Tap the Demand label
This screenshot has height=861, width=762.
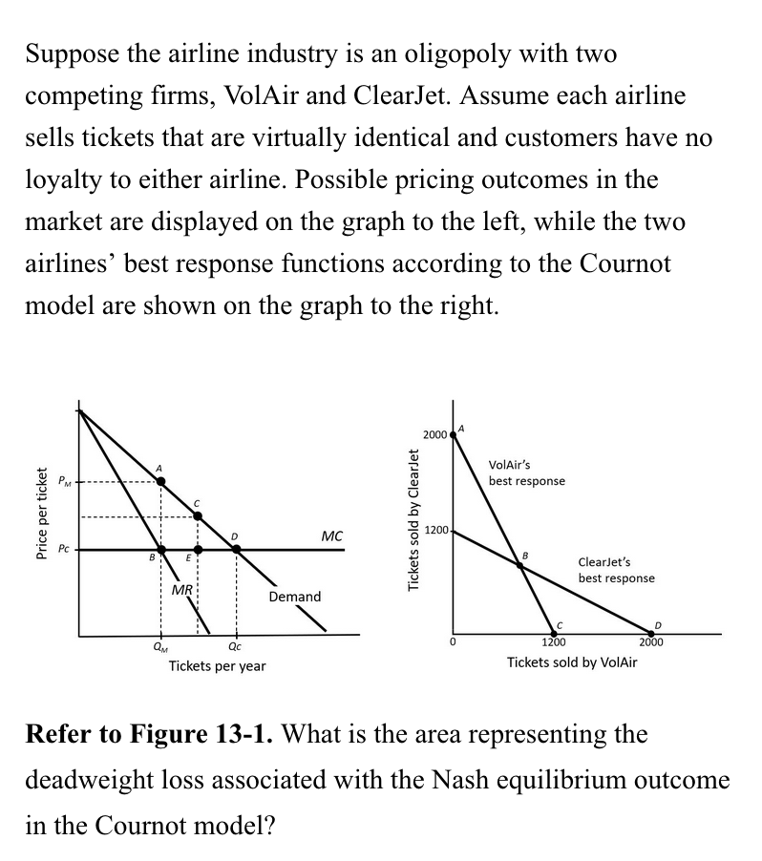(x=295, y=597)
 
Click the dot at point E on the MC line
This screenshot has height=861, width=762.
(x=198, y=550)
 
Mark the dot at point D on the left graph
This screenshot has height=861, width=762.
(x=236, y=550)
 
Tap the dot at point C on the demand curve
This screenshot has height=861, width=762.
(x=198, y=516)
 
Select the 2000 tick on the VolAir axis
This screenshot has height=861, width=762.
(x=651, y=642)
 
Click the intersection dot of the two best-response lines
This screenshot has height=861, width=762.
(x=520, y=565)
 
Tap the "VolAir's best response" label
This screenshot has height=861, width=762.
(x=526, y=472)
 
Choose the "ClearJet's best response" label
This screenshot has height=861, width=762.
(x=616, y=571)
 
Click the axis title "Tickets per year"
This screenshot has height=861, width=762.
(x=217, y=665)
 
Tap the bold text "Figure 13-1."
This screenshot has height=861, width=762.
(x=201, y=735)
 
